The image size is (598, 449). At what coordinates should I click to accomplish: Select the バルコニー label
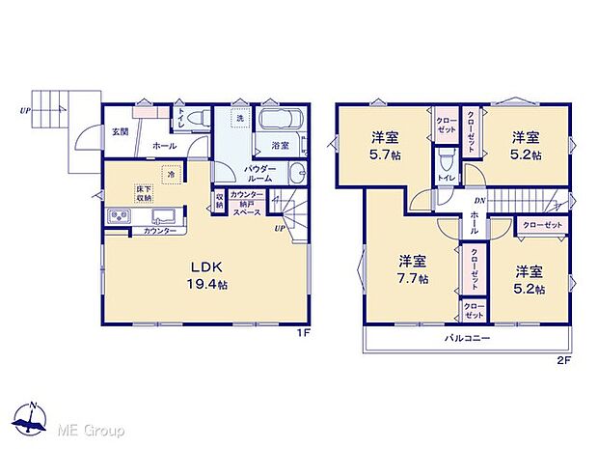[468, 339]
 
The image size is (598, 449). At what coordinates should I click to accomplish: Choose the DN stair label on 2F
[477, 200]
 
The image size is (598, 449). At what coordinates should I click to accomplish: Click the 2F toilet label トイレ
[445, 178]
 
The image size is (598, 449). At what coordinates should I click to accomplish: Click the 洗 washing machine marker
[240, 118]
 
